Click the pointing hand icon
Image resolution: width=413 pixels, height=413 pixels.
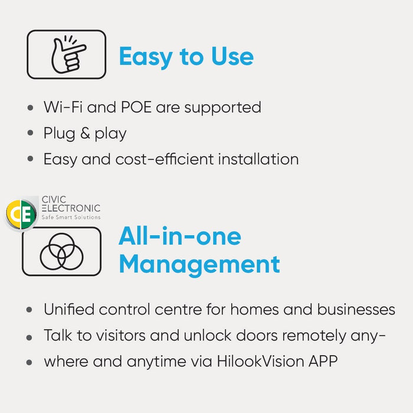(66, 55)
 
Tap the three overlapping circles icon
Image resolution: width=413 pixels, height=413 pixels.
(61, 252)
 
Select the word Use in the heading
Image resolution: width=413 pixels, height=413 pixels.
(232, 56)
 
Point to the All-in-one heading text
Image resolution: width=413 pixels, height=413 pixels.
(180, 237)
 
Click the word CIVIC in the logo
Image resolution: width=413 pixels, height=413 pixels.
(54, 200)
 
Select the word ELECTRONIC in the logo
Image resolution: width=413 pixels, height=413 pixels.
(71, 208)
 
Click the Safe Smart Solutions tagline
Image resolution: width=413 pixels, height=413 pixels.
(71, 217)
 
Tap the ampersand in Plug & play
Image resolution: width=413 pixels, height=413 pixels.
(85, 133)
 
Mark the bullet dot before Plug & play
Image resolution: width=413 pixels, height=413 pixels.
(30, 134)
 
